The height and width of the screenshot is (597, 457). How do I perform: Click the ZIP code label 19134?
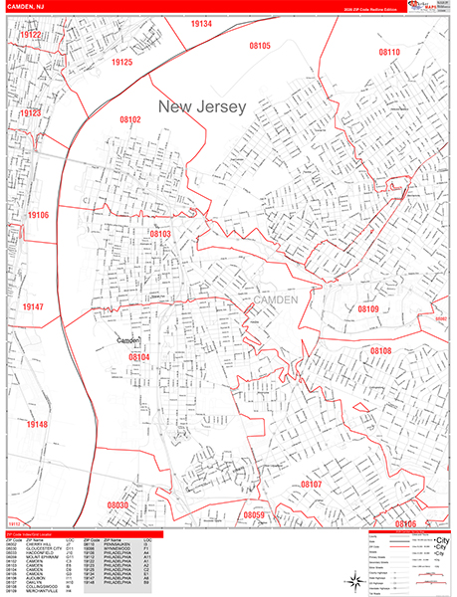click(202, 23)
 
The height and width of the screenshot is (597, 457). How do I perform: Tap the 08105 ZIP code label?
click(261, 46)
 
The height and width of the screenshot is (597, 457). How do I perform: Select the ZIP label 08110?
click(389, 52)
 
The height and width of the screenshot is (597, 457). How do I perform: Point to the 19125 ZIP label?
click(122, 62)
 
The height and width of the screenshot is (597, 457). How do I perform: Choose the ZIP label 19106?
click(39, 215)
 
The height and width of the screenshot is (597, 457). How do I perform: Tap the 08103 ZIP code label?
click(161, 234)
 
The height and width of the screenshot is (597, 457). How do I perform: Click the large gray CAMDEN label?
click(276, 299)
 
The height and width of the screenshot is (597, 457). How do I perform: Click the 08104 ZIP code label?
click(138, 357)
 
